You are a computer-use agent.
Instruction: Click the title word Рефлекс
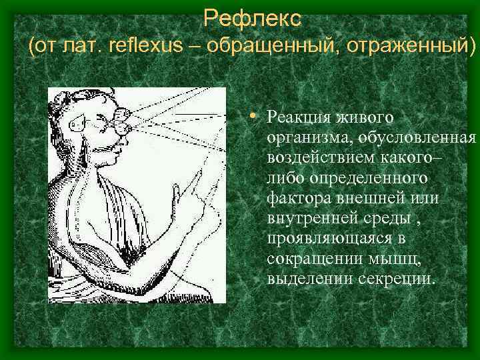click(252, 17)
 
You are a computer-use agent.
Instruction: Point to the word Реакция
click(297, 117)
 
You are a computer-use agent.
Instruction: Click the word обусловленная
click(417, 138)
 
